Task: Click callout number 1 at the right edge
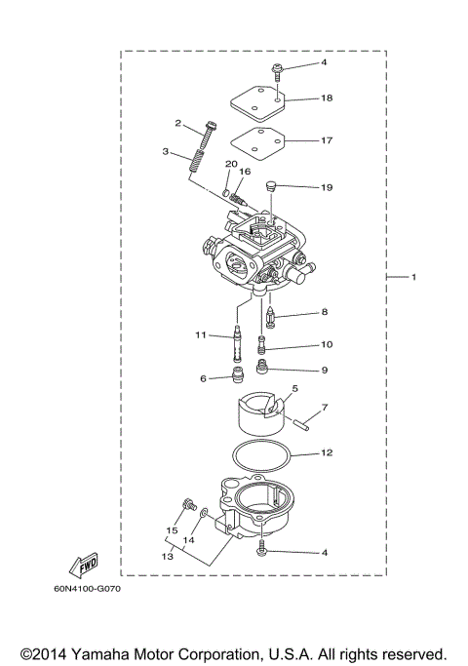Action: point(413,278)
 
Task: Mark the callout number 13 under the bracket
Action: point(169,555)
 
